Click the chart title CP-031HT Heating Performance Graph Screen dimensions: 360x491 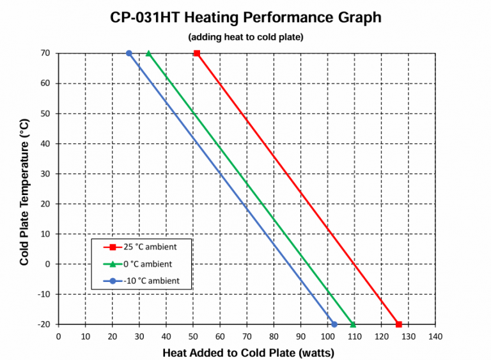point(245,17)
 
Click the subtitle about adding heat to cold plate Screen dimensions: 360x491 point(245,37)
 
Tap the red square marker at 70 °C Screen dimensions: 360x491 point(197,53)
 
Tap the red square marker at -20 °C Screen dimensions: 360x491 point(399,324)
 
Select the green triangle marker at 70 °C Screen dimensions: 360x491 point(149,53)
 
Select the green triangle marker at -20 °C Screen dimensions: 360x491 point(353,324)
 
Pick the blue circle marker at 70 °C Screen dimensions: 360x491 point(129,53)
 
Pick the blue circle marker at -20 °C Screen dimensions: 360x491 point(334,324)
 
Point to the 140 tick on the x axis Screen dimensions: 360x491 point(435,336)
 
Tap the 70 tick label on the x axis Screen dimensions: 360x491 point(247,336)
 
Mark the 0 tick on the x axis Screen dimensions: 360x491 point(59,336)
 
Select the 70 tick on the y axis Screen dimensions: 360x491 point(47,53)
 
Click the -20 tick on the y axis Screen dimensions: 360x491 point(45,324)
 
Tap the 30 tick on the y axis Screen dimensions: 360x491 point(47,174)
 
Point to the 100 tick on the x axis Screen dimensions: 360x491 point(327,336)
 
